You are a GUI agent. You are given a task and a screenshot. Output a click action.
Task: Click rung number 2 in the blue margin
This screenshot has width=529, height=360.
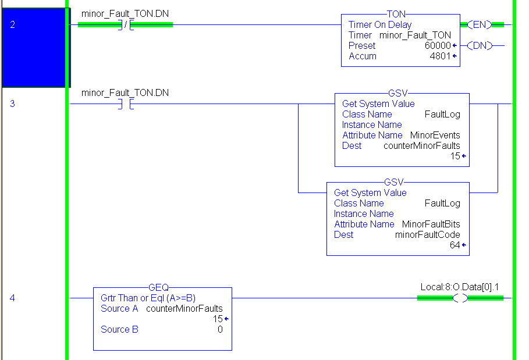click(13, 25)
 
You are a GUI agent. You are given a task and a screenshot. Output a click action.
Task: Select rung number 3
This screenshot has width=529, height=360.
click(12, 104)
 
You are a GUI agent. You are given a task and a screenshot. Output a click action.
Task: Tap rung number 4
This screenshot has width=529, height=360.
click(12, 298)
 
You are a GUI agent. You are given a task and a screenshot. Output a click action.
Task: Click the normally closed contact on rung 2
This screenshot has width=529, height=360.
click(126, 25)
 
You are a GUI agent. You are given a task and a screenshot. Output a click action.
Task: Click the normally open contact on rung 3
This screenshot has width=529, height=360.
click(126, 104)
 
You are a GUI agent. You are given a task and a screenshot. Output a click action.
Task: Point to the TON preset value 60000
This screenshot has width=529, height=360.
click(438, 45)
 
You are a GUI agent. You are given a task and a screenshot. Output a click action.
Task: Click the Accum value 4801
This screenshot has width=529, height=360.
click(440, 56)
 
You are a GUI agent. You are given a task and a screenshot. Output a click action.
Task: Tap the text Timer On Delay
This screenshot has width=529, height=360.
click(379, 25)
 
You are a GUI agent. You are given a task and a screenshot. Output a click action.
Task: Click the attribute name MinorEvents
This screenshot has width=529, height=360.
click(435, 136)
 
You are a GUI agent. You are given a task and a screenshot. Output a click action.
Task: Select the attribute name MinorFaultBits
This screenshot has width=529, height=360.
click(431, 224)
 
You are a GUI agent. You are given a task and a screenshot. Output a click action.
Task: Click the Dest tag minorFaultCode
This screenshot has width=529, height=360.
click(427, 235)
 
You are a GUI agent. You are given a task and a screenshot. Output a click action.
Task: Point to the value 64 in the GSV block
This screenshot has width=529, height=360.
click(455, 245)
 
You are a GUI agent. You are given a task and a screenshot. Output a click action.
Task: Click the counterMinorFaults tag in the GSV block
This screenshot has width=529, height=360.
click(421, 146)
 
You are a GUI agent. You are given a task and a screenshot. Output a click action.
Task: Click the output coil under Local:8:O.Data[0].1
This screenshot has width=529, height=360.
click(460, 298)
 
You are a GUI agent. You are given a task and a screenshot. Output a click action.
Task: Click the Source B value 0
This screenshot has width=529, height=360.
click(220, 330)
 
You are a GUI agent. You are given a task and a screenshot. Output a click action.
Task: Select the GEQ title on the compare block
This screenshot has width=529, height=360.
click(159, 287)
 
